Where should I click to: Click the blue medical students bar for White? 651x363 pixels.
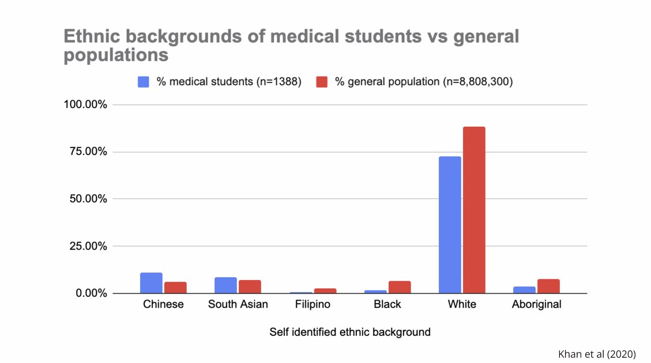(x=450, y=225)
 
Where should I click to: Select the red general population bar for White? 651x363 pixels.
(x=474, y=210)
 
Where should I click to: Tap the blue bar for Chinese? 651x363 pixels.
(x=151, y=283)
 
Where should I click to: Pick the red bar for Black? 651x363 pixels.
(x=400, y=287)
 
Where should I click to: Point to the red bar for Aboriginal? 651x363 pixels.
(x=548, y=286)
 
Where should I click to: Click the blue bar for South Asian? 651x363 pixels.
(x=225, y=285)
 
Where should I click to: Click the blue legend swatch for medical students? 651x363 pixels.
(x=144, y=82)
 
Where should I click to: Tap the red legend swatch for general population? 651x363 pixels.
(x=322, y=82)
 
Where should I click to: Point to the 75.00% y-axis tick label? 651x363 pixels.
(x=85, y=152)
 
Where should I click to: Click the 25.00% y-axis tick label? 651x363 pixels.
(x=85, y=246)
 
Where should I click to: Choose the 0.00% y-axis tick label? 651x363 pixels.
(x=88, y=293)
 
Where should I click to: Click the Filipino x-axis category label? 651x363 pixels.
(x=313, y=304)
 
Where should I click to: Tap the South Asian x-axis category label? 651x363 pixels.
(x=238, y=304)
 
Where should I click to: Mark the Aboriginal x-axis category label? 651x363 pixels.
(x=536, y=304)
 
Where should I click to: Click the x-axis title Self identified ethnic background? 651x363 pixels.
(x=350, y=332)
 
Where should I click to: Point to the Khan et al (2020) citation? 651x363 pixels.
(x=597, y=354)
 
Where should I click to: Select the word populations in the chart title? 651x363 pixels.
(x=116, y=55)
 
